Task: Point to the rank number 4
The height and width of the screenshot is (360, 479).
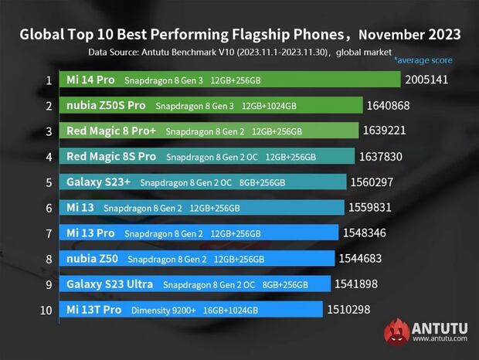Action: [49, 157]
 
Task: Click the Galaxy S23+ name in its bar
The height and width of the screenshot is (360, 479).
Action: [100, 182]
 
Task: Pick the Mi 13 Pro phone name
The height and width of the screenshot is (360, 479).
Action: [91, 233]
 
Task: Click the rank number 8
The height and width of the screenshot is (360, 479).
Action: [49, 258]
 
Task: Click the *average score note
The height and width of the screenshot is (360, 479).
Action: [423, 60]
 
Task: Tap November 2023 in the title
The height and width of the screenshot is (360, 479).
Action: [410, 35]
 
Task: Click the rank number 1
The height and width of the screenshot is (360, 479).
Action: [49, 80]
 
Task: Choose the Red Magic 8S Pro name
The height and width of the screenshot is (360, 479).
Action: [111, 157]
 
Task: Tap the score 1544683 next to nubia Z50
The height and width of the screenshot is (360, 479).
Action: [363, 258]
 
